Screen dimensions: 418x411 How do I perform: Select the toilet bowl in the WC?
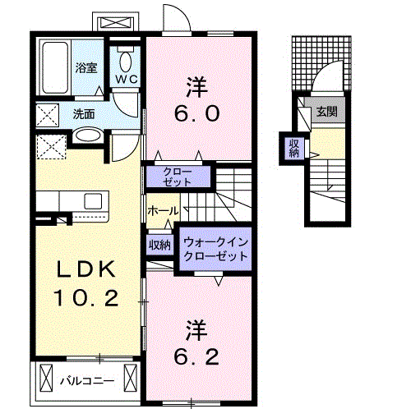click(125, 58)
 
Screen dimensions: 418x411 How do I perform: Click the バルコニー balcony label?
click(86, 380)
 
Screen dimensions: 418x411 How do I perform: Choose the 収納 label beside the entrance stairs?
click(293, 148)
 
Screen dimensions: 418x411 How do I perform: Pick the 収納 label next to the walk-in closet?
click(159, 244)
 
